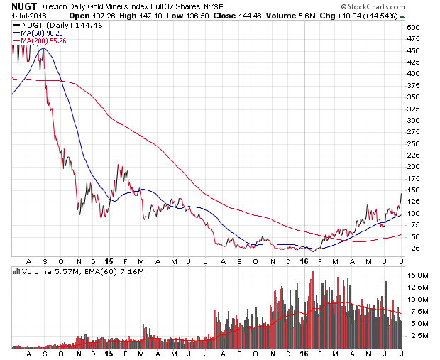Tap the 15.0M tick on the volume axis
click(x=419, y=275)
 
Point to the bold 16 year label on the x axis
click(x=303, y=353)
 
